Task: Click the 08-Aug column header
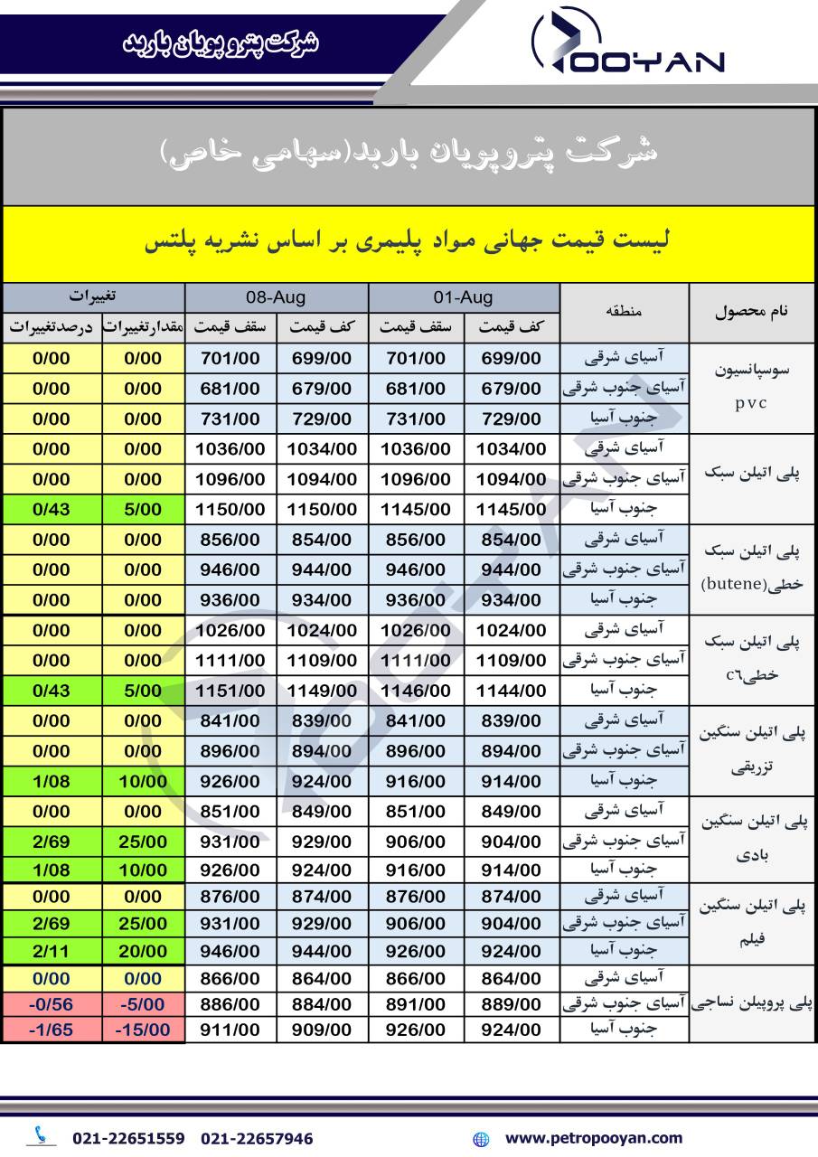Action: [276, 297]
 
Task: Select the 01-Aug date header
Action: [464, 297]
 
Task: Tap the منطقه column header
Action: [624, 312]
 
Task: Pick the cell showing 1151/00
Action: [230, 691]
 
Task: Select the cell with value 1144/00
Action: [511, 691]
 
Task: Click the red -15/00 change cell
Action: [142, 1030]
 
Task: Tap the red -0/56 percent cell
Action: [52, 1004]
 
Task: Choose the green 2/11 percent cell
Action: [52, 951]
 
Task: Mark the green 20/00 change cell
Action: [142, 951]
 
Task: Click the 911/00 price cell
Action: [230, 1030]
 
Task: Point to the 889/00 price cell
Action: [511, 1004]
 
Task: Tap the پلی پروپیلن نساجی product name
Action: [752, 1003]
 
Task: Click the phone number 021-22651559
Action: [128, 1138]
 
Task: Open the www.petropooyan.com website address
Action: [593, 1138]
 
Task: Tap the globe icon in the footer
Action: [481, 1139]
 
